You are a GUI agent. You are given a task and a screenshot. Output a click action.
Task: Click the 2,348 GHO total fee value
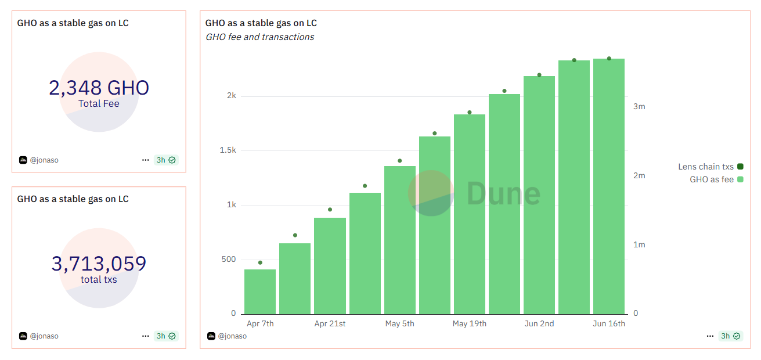tap(99, 88)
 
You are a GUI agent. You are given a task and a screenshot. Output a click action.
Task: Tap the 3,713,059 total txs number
tap(99, 264)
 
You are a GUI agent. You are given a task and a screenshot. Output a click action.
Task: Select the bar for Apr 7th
tap(260, 291)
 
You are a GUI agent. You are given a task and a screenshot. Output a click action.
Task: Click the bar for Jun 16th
tap(609, 186)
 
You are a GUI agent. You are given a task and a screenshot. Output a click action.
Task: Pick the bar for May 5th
tap(400, 240)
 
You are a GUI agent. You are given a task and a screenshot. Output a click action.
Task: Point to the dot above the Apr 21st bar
tap(330, 210)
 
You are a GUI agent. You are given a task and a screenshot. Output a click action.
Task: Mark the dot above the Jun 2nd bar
tap(539, 75)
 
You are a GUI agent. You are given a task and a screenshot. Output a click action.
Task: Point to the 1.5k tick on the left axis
tap(227, 150)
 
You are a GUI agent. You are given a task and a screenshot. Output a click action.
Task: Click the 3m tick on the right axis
tap(639, 107)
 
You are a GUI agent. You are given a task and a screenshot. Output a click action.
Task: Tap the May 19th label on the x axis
tap(470, 323)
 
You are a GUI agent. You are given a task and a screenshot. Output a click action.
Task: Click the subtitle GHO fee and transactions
tap(259, 37)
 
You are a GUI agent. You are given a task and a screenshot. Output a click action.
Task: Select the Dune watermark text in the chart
tap(503, 193)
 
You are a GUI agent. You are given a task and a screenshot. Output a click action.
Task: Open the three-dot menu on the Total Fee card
tap(145, 160)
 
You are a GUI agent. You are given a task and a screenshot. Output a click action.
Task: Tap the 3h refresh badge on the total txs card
tap(165, 336)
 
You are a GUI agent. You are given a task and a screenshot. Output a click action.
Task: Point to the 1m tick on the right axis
tap(639, 245)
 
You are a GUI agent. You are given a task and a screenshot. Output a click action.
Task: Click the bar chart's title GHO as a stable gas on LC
tap(261, 23)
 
